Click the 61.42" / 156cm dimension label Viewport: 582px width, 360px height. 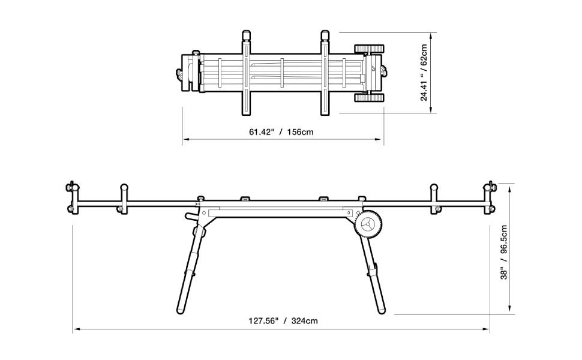pos(281,132)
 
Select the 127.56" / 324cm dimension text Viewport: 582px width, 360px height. pos(283,320)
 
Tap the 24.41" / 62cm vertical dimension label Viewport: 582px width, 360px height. pos(424,73)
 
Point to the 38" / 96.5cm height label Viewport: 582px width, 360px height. pos(504,251)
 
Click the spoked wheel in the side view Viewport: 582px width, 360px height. pos(368,227)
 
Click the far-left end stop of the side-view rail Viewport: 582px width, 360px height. pos(71,197)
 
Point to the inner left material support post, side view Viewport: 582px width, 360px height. pos(124,199)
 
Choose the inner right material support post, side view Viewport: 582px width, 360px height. pos(433,199)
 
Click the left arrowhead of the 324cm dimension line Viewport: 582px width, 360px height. pos(76,329)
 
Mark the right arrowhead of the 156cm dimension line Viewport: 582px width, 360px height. pos(380,140)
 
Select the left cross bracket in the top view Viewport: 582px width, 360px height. pos(246,73)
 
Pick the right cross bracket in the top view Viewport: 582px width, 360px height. pos(325,73)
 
